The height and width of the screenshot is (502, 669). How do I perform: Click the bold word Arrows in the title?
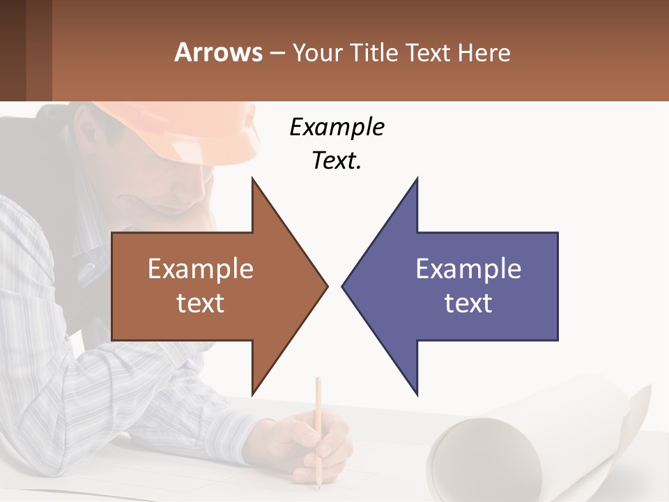[x=218, y=52]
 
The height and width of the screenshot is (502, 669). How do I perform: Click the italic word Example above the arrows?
[x=337, y=128]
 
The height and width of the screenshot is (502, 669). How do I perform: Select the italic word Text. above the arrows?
[x=337, y=160]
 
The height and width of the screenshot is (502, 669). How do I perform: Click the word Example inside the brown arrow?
[x=201, y=269]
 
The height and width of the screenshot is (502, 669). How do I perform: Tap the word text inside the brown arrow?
[x=201, y=303]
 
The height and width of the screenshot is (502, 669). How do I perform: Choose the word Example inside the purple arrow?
[x=468, y=269]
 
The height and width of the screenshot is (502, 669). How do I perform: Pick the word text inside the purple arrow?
[x=468, y=303]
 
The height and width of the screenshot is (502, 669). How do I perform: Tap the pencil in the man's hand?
[x=318, y=418]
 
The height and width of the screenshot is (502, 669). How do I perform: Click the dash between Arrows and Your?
[x=277, y=54]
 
